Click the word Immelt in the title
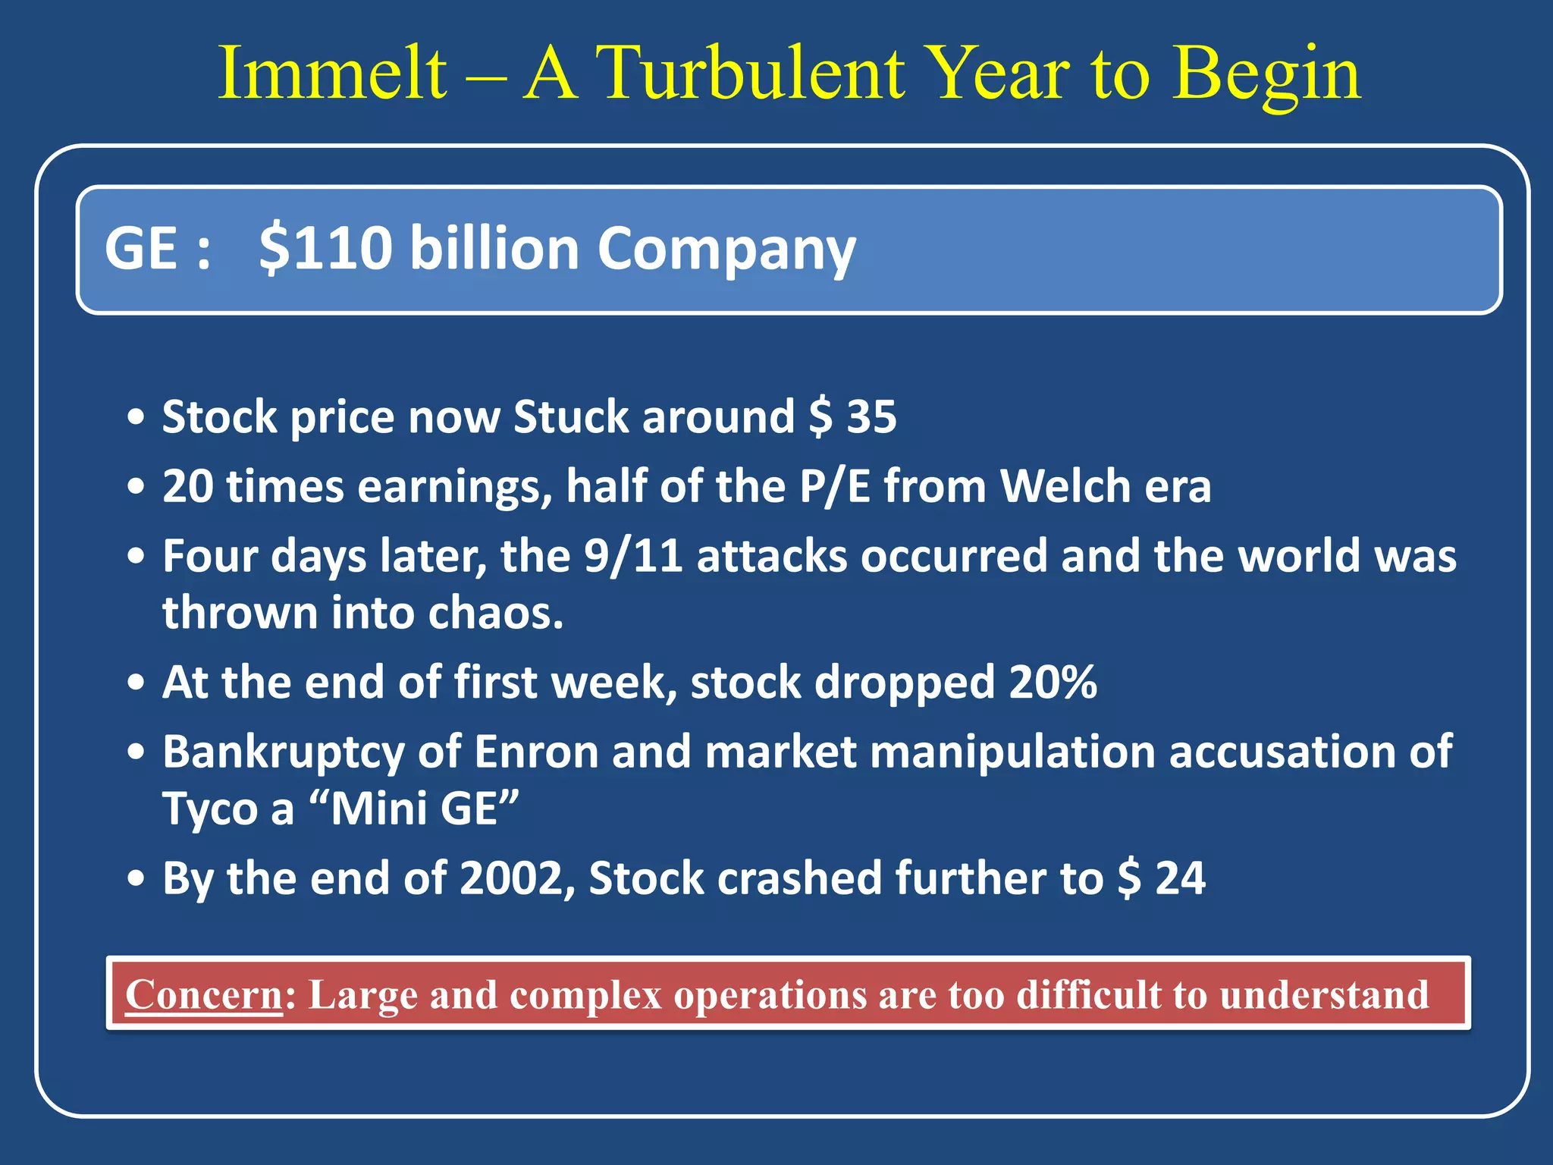coord(332,74)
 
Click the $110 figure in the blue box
coord(326,248)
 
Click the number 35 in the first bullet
coord(871,417)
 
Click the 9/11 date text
coord(633,556)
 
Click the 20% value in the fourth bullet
coord(1053,682)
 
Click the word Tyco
coord(210,809)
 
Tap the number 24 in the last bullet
coord(1180,878)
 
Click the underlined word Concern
coord(203,994)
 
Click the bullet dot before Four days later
coord(136,556)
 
